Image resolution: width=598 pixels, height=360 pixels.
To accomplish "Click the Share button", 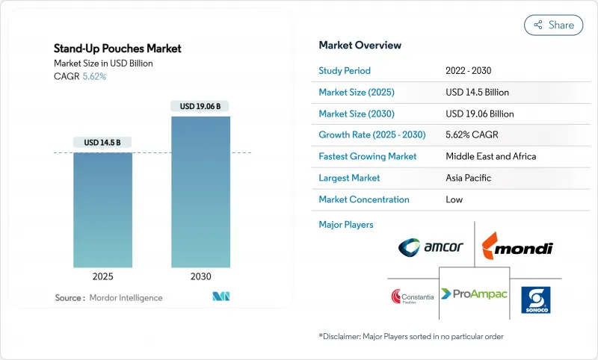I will [x=553, y=25].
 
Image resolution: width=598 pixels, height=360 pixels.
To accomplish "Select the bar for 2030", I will [x=200, y=192].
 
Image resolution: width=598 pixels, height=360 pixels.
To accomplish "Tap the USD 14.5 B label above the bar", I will [x=102, y=143].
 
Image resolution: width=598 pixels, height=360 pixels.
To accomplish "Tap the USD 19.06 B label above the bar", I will [x=200, y=106].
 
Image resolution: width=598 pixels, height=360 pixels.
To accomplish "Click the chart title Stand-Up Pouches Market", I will [x=117, y=49].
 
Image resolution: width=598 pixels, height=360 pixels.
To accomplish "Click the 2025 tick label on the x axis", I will [x=102, y=276].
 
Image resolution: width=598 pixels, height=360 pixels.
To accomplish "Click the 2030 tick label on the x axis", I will [x=200, y=276].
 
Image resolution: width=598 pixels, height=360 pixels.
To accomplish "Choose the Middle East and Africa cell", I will [x=491, y=157].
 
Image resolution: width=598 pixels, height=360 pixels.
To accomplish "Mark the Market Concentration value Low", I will [x=454, y=199].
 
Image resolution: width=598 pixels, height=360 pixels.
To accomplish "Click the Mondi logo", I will [x=517, y=246].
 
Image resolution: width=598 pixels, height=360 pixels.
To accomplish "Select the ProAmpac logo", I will [x=474, y=294].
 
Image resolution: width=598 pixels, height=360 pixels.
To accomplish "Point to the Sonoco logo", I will [x=535, y=300].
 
